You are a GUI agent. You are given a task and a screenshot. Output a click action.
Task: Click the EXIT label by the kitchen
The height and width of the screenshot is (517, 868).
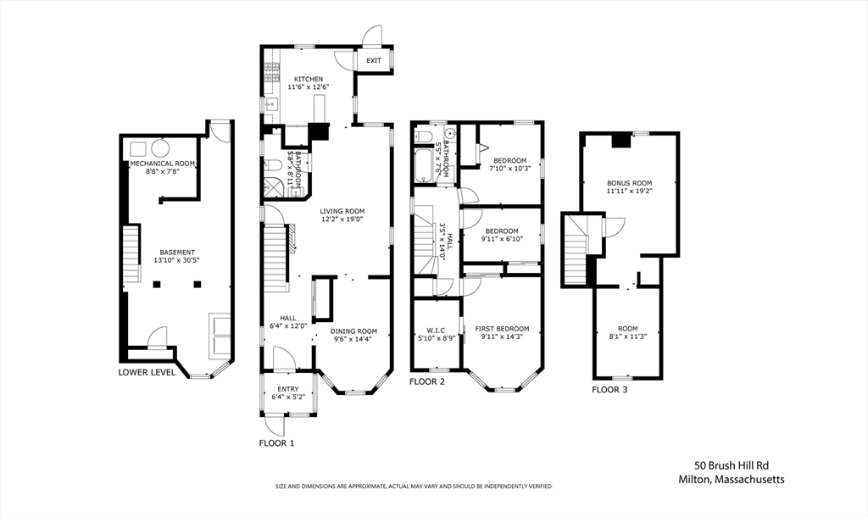(x=374, y=60)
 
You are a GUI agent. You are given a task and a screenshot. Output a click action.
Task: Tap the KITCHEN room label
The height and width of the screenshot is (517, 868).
(x=309, y=79)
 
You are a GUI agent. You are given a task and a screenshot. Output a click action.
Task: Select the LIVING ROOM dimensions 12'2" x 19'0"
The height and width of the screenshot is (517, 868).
(x=342, y=219)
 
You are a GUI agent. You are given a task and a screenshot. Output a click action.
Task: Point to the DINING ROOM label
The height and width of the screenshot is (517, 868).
(x=353, y=331)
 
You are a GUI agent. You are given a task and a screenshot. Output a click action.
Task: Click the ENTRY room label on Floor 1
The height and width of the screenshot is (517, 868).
(x=288, y=389)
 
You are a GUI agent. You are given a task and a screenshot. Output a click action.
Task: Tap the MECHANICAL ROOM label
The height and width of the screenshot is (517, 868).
(x=162, y=164)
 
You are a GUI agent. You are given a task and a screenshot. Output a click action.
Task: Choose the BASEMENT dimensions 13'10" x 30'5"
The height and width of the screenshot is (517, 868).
(x=177, y=260)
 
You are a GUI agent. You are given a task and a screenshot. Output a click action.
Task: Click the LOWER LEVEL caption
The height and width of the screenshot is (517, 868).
(x=147, y=373)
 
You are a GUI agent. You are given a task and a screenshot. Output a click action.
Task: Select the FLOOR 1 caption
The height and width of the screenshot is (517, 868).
(x=277, y=442)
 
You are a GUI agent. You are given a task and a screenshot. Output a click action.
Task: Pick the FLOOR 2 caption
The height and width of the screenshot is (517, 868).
(x=427, y=381)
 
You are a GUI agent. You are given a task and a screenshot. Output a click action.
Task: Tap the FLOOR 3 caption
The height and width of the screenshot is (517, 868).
(x=609, y=390)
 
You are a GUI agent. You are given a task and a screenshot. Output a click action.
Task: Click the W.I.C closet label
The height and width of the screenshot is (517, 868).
(x=436, y=331)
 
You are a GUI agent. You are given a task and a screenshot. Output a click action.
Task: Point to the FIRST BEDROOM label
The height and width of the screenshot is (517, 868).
(x=502, y=329)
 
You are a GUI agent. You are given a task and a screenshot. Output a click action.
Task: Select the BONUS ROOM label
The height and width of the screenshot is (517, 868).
(x=630, y=183)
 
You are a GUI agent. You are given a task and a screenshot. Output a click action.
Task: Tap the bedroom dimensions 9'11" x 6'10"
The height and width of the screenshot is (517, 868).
(x=502, y=239)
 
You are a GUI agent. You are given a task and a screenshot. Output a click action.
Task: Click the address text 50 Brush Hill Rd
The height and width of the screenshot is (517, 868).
(x=732, y=466)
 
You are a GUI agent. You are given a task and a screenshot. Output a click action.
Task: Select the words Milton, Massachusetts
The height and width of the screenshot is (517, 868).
(x=732, y=480)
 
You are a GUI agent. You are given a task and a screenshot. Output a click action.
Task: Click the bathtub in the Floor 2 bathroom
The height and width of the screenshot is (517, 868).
(x=425, y=165)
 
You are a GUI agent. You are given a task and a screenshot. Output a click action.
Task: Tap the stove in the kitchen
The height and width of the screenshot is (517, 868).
(x=271, y=73)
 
